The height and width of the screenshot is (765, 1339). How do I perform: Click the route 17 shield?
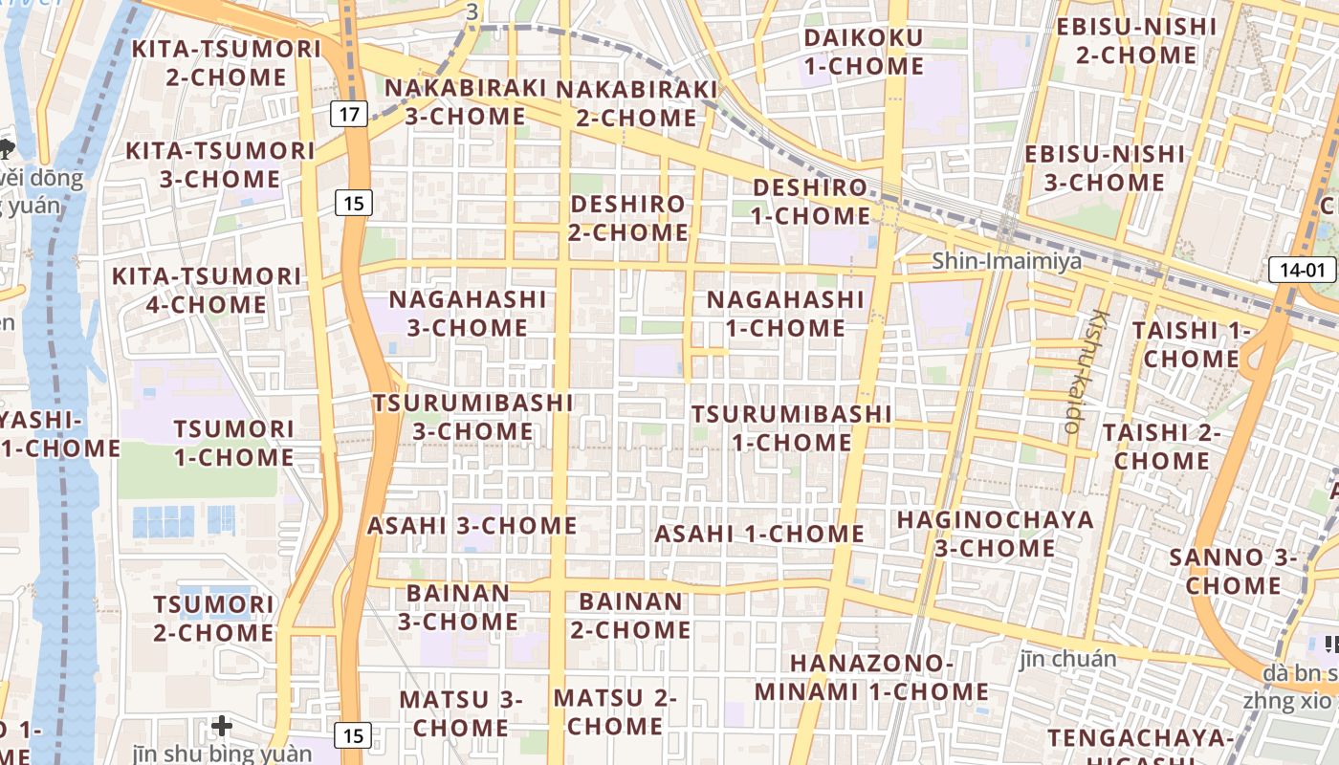tap(350, 115)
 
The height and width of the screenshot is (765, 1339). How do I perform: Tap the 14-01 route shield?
tap(1302, 270)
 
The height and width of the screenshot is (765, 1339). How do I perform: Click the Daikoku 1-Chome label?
tap(864, 52)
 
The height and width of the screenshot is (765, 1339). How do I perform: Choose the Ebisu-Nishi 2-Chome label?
tap(1135, 40)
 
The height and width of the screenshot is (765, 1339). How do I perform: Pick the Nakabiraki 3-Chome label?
tap(465, 101)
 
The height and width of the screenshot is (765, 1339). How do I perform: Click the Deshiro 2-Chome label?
tap(628, 217)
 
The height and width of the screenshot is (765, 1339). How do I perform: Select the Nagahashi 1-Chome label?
tap(785, 313)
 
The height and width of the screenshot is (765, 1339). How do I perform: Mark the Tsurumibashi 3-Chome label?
tap(472, 416)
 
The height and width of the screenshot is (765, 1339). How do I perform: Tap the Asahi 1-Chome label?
tap(758, 534)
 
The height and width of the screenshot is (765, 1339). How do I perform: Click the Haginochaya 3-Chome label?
tap(995, 534)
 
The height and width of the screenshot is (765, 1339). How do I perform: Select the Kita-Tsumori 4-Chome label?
tap(207, 290)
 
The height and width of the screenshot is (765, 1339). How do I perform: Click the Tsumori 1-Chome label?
tap(233, 442)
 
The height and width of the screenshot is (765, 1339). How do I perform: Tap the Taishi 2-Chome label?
tap(1161, 446)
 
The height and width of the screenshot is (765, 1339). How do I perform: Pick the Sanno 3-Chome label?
tap(1233, 570)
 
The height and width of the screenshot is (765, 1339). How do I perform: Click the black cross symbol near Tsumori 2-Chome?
tap(222, 726)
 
